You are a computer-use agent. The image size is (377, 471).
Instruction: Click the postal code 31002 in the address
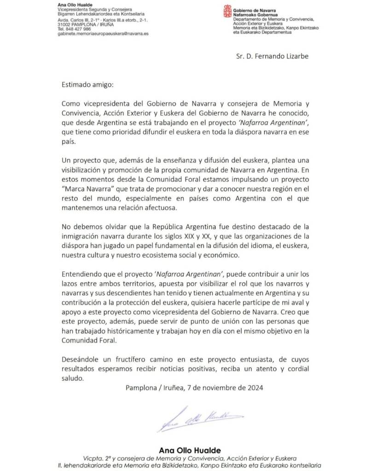(64, 25)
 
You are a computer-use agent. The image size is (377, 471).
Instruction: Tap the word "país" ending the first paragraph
(67, 142)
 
